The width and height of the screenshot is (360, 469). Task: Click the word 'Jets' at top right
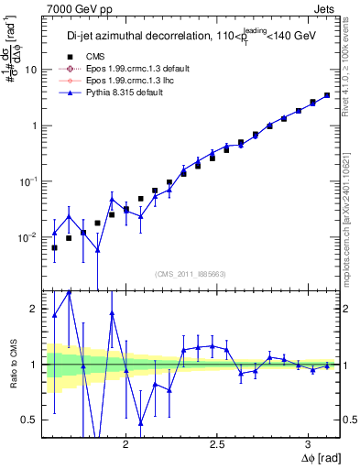coord(325,8)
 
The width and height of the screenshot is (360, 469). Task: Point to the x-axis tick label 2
coord(126,441)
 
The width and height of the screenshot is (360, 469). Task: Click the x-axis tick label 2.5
coord(217,441)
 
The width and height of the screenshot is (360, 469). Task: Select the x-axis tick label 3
coord(308,441)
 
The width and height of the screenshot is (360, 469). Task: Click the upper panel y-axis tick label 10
coord(31,70)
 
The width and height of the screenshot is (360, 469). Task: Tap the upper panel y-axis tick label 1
coord(34,125)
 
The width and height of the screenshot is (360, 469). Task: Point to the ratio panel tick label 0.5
coord(29,420)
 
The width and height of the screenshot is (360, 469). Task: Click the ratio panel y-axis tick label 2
coord(34,309)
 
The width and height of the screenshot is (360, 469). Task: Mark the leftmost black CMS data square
coord(54,247)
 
